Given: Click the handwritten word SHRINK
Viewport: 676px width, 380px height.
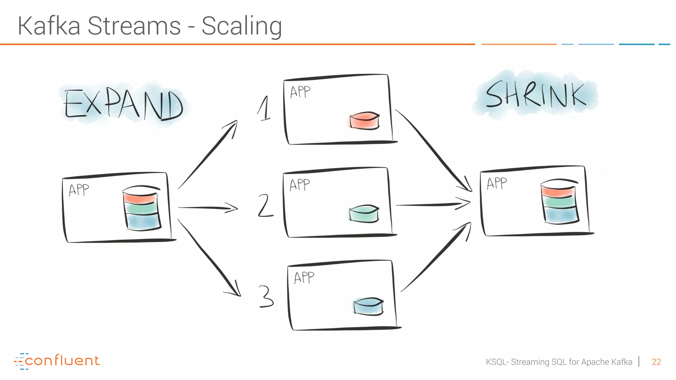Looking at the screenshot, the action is point(535,95).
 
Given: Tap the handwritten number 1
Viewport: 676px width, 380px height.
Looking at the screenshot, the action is point(264,109).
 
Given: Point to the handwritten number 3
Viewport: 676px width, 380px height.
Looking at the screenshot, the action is point(266,296).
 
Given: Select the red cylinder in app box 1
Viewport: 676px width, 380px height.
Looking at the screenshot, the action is point(364,121).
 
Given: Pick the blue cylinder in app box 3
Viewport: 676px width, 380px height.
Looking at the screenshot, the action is point(368,306).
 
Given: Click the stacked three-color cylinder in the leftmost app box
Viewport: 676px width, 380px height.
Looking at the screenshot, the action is point(141,207).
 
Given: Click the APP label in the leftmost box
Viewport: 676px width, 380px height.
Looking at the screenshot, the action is point(79,190).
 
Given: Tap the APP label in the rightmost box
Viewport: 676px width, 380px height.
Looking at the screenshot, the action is point(497,183).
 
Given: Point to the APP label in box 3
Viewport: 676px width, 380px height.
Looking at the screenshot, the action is point(304,277).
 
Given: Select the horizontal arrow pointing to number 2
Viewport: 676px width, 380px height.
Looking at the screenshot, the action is point(208,208).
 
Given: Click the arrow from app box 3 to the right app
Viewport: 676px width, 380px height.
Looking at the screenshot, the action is point(436,257).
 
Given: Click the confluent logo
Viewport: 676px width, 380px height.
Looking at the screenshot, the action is point(57,361).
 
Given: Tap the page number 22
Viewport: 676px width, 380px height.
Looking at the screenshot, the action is point(656,362).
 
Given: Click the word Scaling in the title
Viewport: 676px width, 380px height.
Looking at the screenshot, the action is point(242,26).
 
